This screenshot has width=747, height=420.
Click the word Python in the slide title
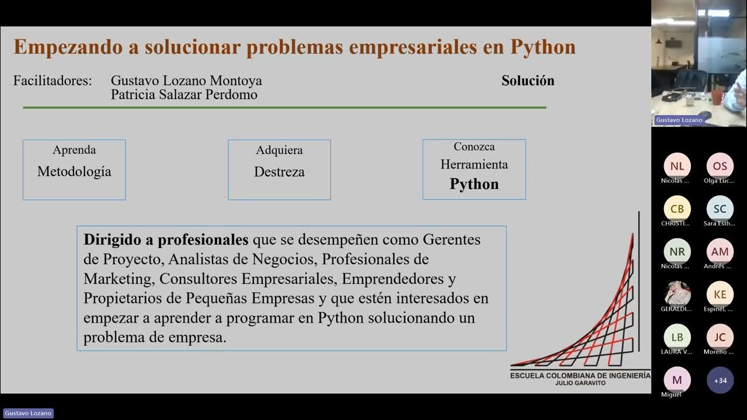[543, 47]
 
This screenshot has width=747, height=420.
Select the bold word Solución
[528, 80]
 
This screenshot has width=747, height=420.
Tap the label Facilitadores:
[53, 80]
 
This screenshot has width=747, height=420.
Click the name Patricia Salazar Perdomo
[184, 94]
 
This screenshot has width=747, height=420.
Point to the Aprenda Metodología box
[74, 170]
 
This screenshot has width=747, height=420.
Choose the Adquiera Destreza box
[279, 170]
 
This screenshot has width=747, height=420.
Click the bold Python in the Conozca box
[474, 184]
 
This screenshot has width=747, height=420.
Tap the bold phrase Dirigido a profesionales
[166, 240]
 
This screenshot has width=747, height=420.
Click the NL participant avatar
[677, 166]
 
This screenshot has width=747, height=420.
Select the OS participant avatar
[720, 166]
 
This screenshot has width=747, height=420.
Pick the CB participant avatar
[677, 209]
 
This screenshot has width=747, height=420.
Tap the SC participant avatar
[720, 209]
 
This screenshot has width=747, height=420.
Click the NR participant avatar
[677, 252]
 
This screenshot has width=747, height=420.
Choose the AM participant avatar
[720, 252]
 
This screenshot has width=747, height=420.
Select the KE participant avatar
[720, 295]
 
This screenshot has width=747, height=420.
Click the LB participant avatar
[677, 337]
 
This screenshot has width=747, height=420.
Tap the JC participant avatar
[720, 337]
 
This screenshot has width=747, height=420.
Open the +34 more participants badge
[720, 380]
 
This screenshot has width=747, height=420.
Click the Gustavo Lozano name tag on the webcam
[679, 120]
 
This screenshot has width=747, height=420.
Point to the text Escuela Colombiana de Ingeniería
[580, 376]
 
